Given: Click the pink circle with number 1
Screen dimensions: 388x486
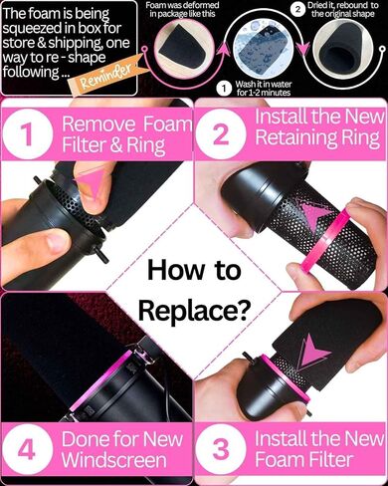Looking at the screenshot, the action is tap(27, 134).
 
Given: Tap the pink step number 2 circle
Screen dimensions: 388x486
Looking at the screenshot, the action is tap(220, 134).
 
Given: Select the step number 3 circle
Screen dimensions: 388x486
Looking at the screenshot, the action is tap(220, 449).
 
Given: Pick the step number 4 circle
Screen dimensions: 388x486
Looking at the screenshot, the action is tap(27, 449).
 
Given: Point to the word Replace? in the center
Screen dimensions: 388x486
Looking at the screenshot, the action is tap(194, 311).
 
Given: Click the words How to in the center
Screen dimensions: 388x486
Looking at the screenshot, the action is tap(194, 270).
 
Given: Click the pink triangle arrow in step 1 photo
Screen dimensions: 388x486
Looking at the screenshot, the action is tap(90, 181).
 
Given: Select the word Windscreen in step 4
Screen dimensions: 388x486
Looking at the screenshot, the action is tap(114, 460).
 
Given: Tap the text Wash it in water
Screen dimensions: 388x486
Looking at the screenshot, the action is tap(264, 84).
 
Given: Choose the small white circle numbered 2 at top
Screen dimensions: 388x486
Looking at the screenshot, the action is tap(297, 9).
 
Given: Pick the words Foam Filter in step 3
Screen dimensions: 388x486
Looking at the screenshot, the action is tap(303, 460).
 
